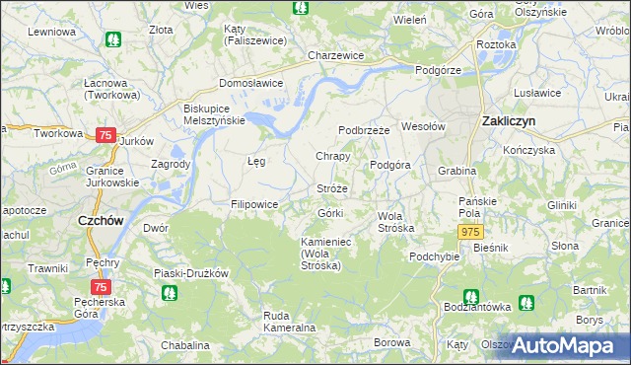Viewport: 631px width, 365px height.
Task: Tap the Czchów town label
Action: click(101, 222)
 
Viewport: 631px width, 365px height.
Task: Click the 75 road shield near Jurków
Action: click(106, 135)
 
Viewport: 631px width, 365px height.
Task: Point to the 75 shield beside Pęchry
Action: click(100, 286)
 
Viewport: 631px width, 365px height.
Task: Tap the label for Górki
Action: click(329, 213)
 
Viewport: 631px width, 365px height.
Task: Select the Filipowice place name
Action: click(254, 204)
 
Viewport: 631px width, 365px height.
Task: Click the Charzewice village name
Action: click(336, 56)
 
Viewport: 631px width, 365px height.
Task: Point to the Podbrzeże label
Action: click(365, 130)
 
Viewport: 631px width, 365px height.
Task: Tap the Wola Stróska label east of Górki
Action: click(396, 221)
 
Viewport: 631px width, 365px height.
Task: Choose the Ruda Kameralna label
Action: click(289, 321)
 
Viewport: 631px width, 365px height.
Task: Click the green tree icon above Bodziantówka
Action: click(470, 296)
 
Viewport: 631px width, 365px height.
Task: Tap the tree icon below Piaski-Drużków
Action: click(169, 292)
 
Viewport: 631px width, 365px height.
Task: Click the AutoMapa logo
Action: click(562, 345)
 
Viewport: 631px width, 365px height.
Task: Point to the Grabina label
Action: click(457, 171)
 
